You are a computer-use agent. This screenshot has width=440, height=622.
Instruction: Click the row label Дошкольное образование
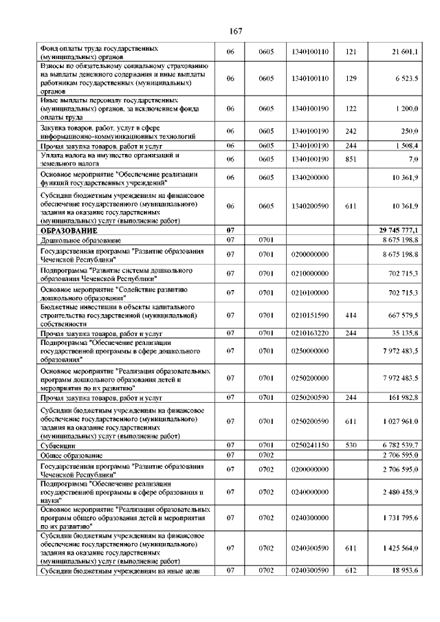81,240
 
